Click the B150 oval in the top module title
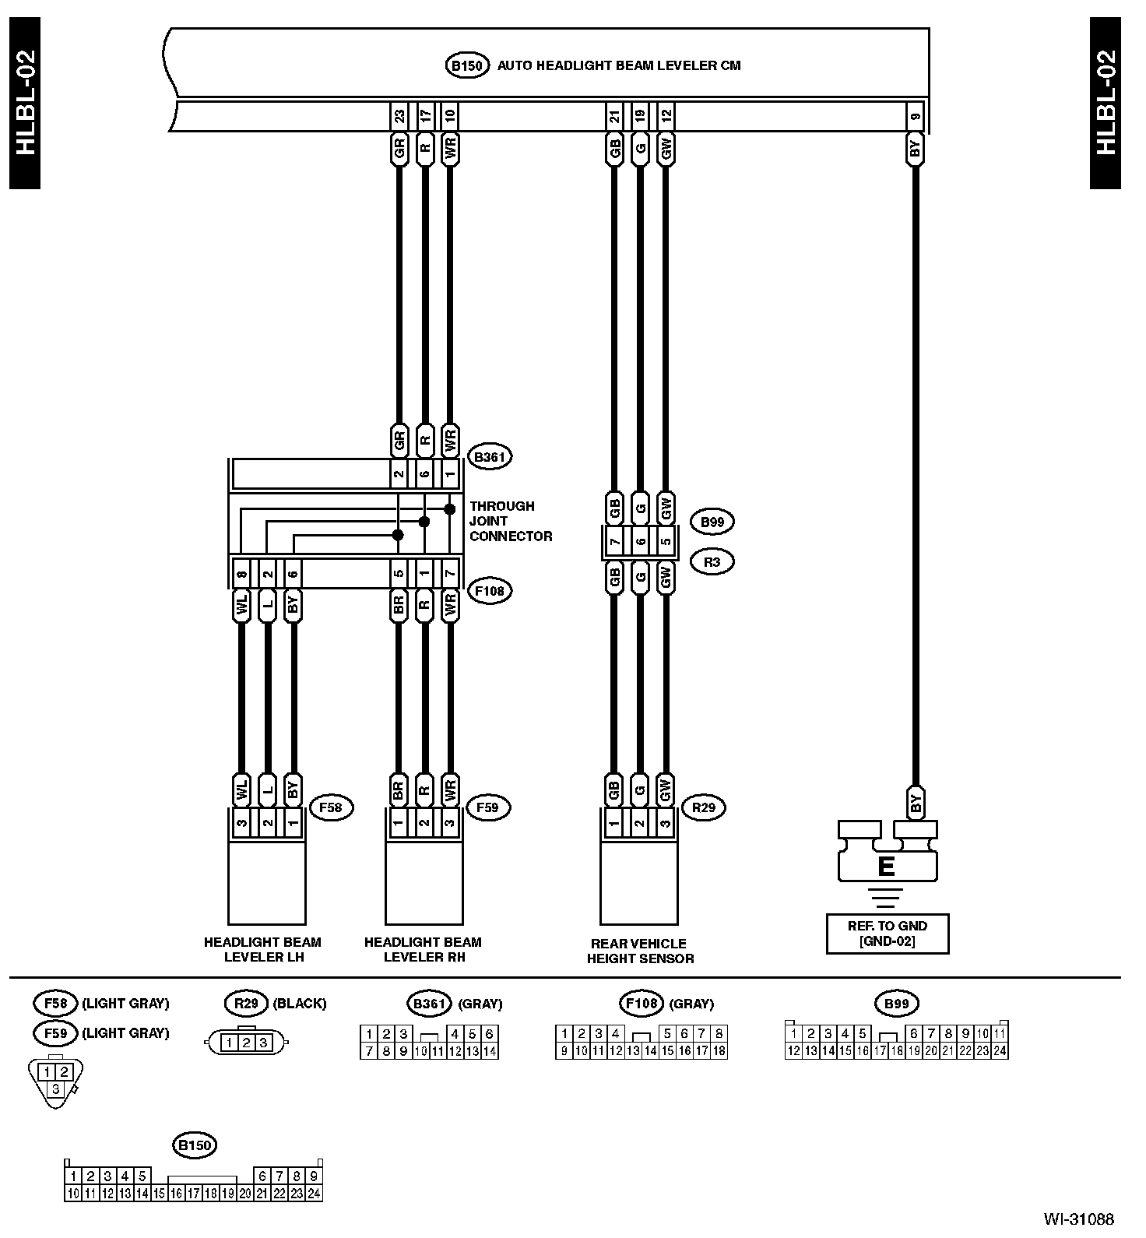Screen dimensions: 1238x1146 click(466, 65)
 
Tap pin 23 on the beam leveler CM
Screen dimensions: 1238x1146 click(399, 116)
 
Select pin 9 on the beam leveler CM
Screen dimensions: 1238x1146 click(915, 116)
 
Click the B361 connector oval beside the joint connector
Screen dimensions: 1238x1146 click(490, 456)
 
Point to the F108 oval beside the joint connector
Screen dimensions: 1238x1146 click(490, 591)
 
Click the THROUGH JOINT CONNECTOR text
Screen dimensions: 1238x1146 click(511, 521)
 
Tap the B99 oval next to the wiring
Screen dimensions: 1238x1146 click(712, 522)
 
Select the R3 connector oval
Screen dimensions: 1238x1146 click(712, 561)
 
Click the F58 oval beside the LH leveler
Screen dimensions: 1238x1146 click(331, 807)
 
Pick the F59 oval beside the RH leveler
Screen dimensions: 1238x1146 click(487, 807)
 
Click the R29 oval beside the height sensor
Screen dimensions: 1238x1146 click(703, 807)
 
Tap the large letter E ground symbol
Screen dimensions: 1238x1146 click(886, 866)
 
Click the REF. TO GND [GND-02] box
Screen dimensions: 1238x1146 click(887, 934)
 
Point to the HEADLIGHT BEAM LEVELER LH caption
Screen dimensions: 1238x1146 click(263, 949)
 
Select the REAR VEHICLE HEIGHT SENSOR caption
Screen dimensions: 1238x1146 click(640, 951)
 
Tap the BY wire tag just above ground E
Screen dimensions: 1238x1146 click(916, 802)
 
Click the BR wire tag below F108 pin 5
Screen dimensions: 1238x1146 click(399, 607)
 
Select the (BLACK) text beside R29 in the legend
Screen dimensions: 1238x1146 click(299, 1004)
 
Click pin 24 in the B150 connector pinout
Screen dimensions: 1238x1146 click(314, 1193)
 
